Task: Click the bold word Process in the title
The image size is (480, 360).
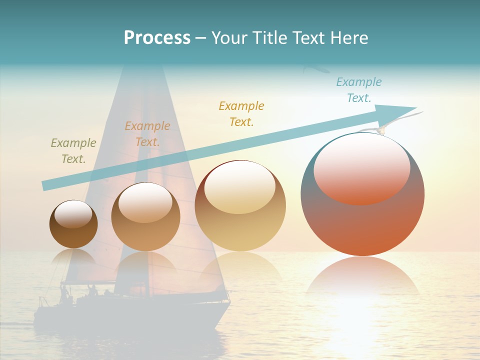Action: coord(157,38)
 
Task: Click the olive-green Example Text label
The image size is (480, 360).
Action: coord(73,151)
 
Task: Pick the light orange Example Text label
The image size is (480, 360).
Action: coord(147,134)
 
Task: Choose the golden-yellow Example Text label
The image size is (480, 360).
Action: coord(241,114)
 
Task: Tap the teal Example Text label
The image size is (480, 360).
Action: coord(359,90)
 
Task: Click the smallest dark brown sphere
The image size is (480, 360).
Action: coord(73,232)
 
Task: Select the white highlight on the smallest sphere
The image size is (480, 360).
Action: coord(73,213)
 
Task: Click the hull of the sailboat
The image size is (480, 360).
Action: coord(125,315)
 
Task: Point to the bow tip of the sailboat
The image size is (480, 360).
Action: coord(228,301)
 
